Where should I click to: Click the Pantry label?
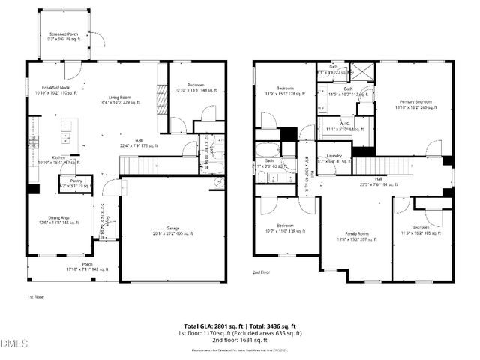76,181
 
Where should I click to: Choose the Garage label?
172,229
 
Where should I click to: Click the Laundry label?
334,156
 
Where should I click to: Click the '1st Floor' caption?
35,297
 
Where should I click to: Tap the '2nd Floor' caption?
261,273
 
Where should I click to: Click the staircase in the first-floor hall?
139,163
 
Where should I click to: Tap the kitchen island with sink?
66,131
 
